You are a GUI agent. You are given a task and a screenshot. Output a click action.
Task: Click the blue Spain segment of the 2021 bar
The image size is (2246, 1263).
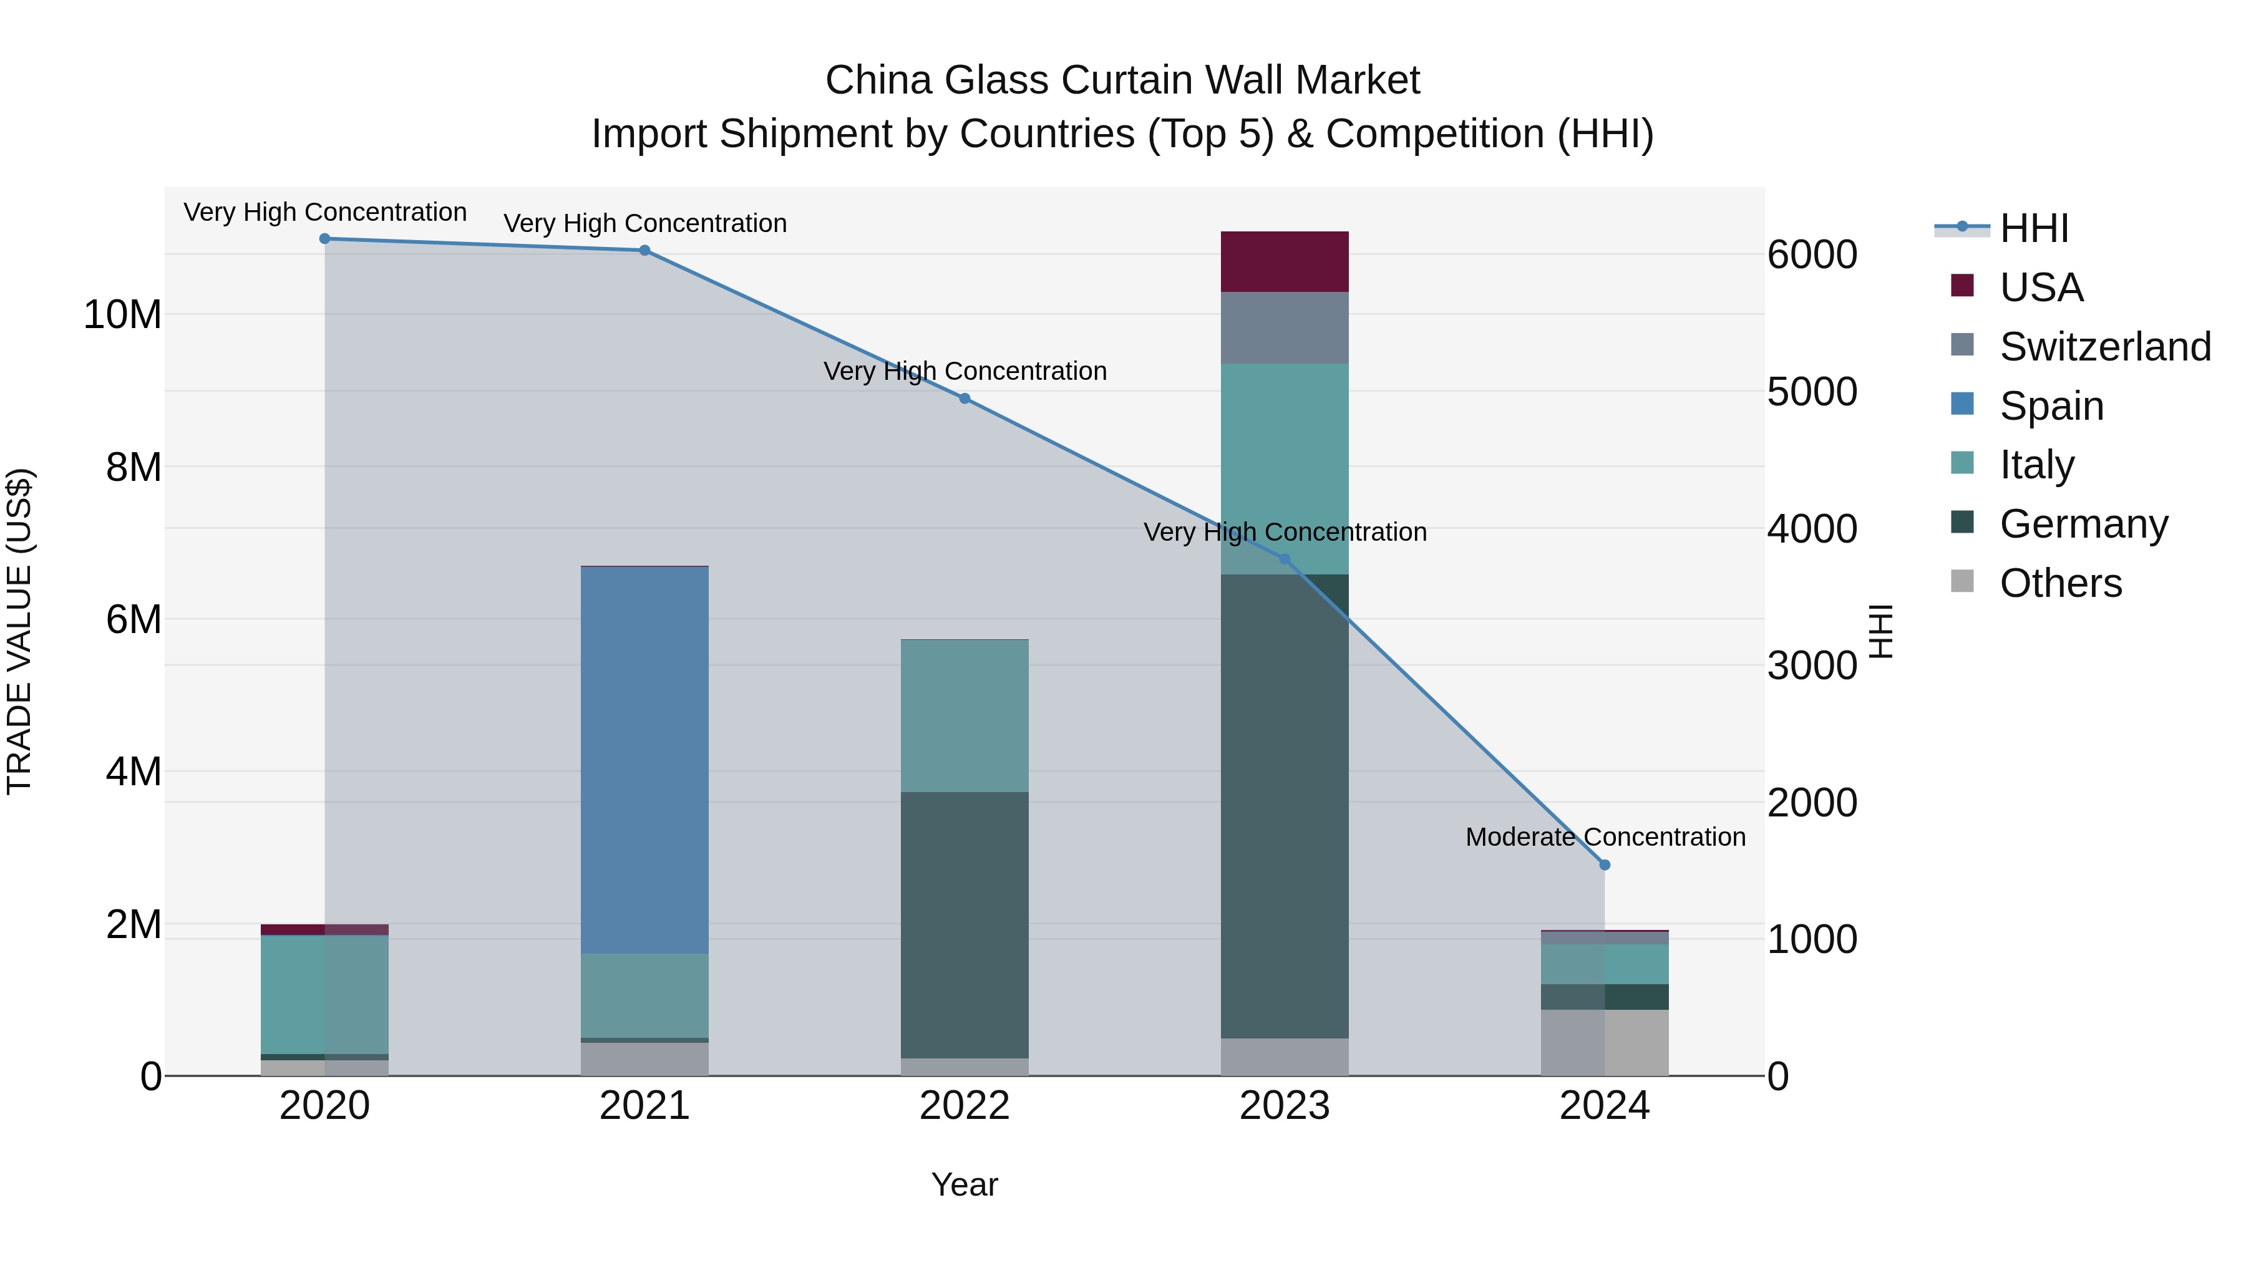click(x=644, y=758)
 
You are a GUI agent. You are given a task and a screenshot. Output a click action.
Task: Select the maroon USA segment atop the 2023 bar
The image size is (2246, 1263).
click(x=1285, y=261)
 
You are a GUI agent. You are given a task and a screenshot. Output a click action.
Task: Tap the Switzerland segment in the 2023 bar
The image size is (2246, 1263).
click(x=1285, y=327)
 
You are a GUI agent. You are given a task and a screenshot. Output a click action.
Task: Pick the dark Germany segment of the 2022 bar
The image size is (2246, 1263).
click(x=965, y=924)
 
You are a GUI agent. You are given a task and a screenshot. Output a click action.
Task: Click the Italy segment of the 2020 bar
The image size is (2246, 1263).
click(x=324, y=994)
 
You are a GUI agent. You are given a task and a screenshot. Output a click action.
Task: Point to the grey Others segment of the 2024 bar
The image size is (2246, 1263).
click(x=1604, y=1042)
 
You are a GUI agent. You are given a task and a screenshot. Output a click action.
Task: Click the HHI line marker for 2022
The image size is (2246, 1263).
click(x=965, y=399)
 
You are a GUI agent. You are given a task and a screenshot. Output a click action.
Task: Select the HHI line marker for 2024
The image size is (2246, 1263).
click(x=1604, y=864)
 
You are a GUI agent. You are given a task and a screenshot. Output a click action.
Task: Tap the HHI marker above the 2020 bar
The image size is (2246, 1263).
click(x=324, y=238)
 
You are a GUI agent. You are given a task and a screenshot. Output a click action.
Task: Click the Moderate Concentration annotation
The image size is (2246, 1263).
click(x=1605, y=837)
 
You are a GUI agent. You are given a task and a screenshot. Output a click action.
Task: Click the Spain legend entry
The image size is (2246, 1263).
click(x=2051, y=405)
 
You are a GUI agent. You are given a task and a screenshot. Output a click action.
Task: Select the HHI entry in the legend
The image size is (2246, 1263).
click(x=2033, y=228)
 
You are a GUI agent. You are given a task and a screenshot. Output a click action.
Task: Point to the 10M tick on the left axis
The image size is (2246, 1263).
click(x=122, y=315)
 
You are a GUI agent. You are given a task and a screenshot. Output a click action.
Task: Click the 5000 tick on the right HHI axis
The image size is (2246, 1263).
click(x=1812, y=392)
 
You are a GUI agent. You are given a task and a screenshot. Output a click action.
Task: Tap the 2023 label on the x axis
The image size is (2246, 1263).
click(x=1285, y=1106)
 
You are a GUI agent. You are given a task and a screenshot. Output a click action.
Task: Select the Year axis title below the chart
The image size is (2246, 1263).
click(x=965, y=1184)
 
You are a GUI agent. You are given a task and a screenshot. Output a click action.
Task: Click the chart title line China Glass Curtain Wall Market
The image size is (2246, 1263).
click(x=1122, y=80)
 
